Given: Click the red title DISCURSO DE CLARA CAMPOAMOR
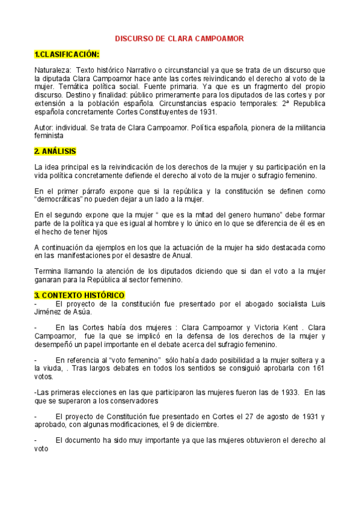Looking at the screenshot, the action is point(179,38).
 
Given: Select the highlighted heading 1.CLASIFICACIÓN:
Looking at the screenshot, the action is point(67,55).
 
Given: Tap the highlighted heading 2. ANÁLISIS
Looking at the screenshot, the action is point(55,151).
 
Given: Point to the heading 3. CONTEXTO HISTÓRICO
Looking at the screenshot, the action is point(79,295).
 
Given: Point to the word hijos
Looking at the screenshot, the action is point(117,232).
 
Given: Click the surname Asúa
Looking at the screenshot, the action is point(84,312).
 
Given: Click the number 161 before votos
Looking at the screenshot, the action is point(317,368).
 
